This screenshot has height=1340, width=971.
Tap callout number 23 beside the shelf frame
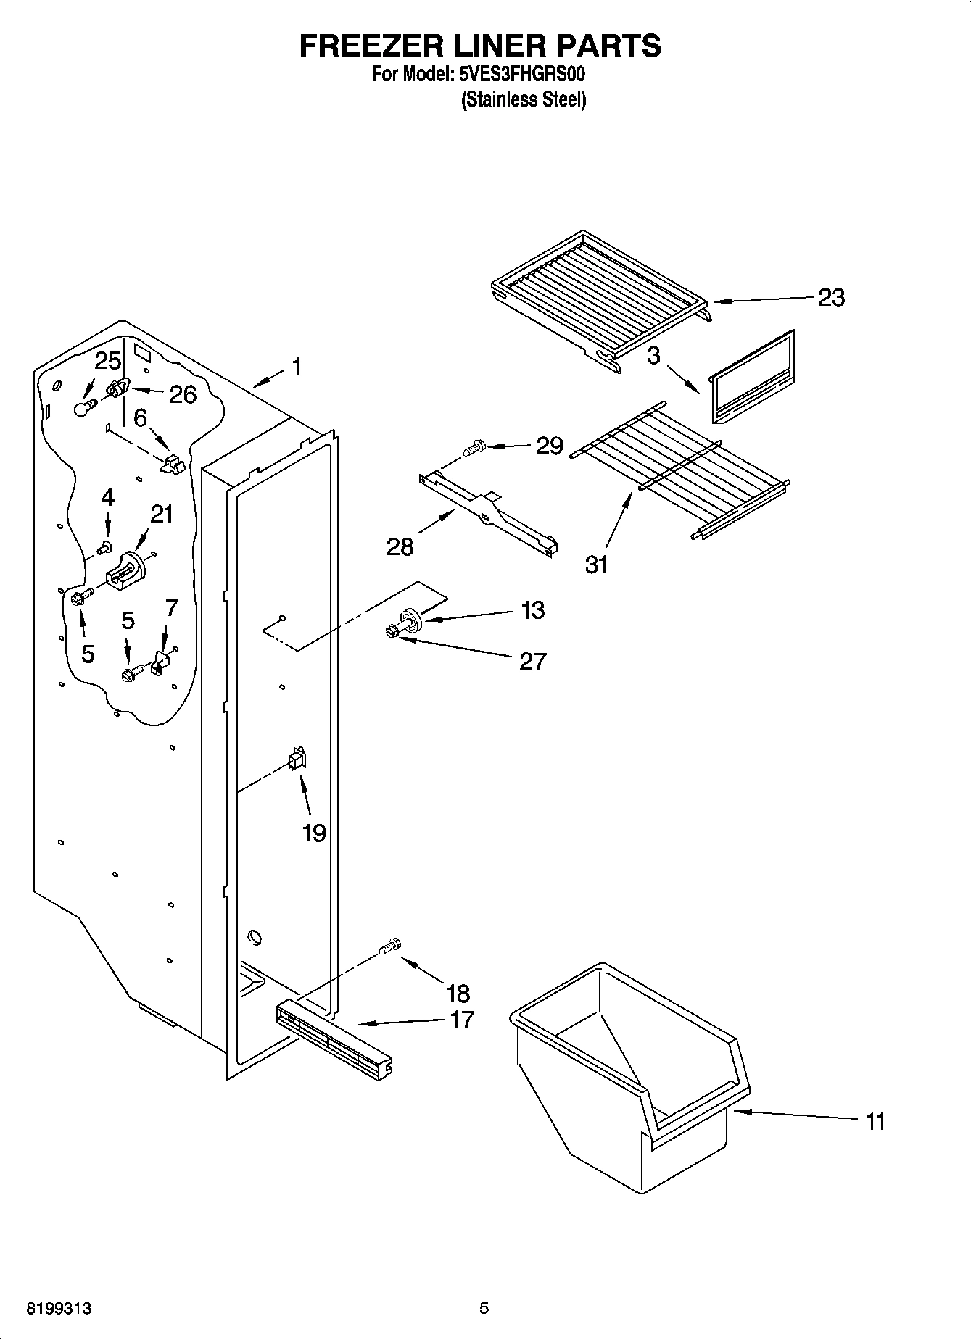point(831,297)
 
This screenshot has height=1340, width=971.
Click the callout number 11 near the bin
point(875,1121)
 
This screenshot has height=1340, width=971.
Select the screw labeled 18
point(390,946)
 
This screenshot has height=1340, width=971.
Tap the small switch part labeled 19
point(297,759)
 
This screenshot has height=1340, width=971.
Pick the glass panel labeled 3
point(751,379)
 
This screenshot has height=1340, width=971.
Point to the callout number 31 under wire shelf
point(596,564)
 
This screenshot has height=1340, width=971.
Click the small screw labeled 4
point(107,546)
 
